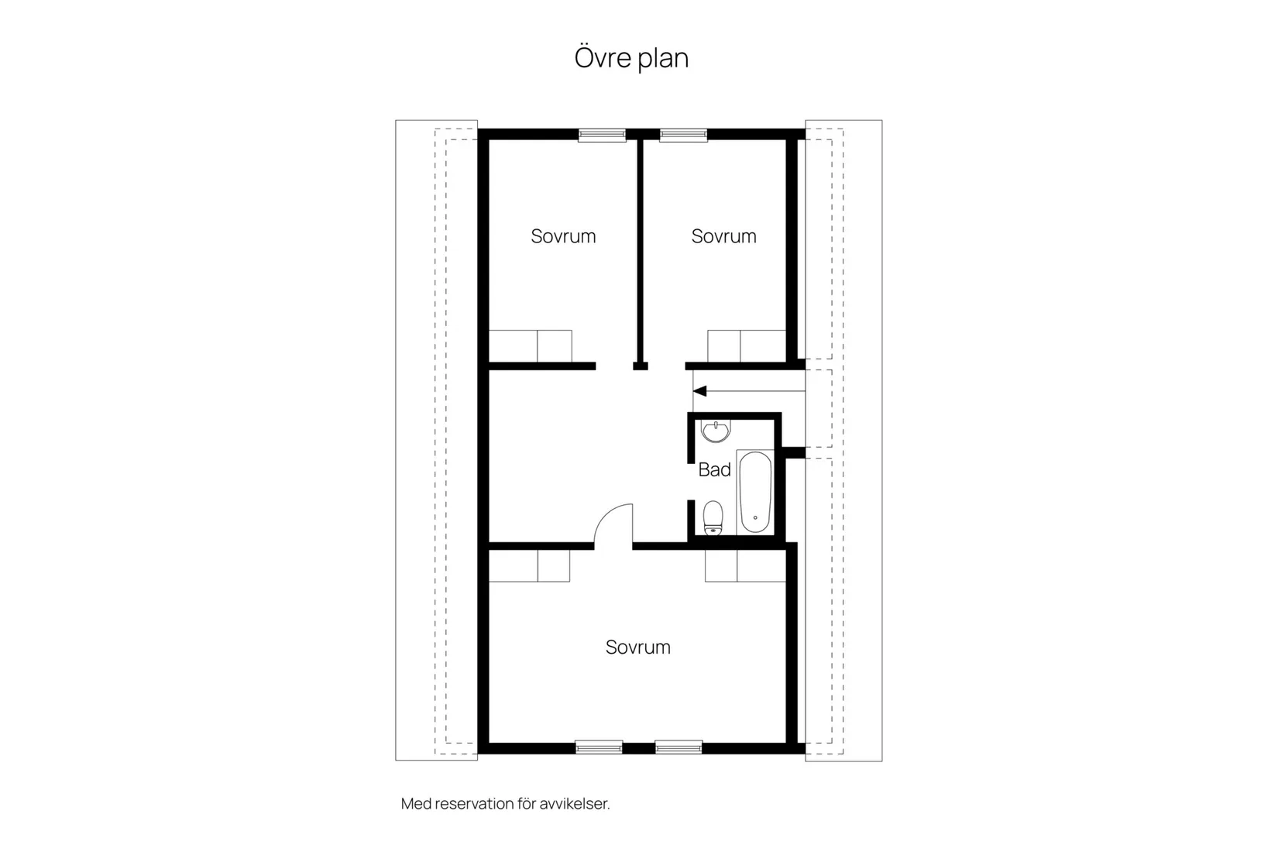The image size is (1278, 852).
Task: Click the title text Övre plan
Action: pyautogui.click(x=631, y=58)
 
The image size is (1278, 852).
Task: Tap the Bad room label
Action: pyautogui.click(x=714, y=469)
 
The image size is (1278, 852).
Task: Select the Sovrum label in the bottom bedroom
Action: pyautogui.click(x=637, y=647)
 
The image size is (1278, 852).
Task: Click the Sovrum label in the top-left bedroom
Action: pyautogui.click(x=563, y=236)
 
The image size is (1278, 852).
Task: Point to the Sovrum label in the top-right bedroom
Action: pyautogui.click(x=723, y=236)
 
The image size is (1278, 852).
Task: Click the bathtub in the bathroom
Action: pyautogui.click(x=754, y=492)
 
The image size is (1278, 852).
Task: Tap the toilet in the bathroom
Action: pyautogui.click(x=713, y=517)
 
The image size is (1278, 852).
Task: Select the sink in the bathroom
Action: pyautogui.click(x=715, y=431)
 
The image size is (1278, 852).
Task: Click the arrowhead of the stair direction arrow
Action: pyautogui.click(x=699, y=390)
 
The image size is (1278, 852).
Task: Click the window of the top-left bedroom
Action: pyautogui.click(x=602, y=135)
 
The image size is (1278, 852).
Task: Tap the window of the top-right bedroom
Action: pyautogui.click(x=683, y=135)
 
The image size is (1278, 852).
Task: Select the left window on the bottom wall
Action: pyautogui.click(x=599, y=747)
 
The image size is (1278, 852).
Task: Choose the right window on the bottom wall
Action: pyautogui.click(x=679, y=747)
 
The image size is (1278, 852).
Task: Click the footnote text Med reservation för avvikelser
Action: pyautogui.click(x=505, y=804)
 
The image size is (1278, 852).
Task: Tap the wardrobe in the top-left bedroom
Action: pyautogui.click(x=530, y=345)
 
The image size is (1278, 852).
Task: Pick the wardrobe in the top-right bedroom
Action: pyautogui.click(x=747, y=345)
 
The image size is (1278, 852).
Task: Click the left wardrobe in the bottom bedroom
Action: pyautogui.click(x=529, y=565)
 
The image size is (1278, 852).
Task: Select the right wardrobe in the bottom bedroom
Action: pyautogui.click(x=745, y=565)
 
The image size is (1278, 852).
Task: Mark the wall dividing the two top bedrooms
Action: pyautogui.click(x=641, y=248)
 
